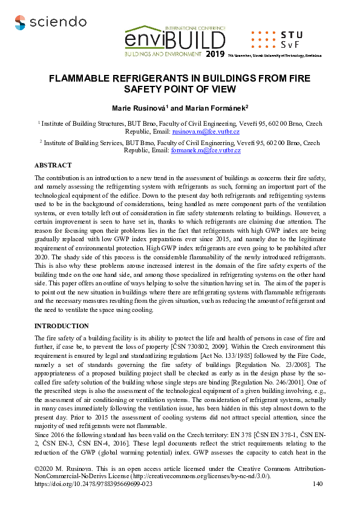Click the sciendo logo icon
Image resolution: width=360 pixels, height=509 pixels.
21,22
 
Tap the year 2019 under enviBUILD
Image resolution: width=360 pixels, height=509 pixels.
214,54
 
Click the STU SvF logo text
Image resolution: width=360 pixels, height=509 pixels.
293,39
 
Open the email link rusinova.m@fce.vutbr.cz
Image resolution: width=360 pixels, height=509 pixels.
206,131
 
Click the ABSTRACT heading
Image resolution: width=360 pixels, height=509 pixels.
53,165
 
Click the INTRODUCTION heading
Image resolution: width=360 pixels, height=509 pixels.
62,326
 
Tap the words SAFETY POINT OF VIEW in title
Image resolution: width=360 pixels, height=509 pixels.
180,89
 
